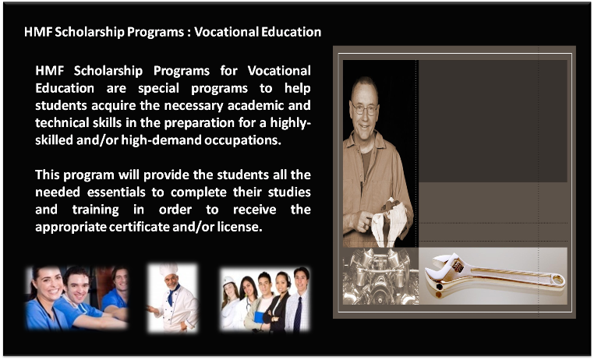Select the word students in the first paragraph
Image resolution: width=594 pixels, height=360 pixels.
(x=61, y=105)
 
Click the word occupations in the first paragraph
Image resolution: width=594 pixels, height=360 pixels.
(x=242, y=140)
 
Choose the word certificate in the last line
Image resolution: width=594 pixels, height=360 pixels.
(x=139, y=227)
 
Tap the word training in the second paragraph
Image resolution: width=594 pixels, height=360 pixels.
(x=95, y=210)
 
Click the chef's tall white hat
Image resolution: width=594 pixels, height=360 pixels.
(x=168, y=270)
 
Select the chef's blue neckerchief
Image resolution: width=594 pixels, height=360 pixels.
(x=172, y=293)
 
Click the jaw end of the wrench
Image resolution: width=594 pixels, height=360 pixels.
(x=445, y=269)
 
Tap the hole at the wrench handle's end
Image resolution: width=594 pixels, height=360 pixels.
(x=557, y=280)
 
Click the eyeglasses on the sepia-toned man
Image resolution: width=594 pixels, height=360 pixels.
(x=364, y=109)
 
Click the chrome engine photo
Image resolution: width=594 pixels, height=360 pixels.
(x=380, y=276)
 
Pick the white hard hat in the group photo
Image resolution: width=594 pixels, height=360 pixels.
(x=228, y=281)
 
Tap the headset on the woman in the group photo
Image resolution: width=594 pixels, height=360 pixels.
(x=287, y=280)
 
